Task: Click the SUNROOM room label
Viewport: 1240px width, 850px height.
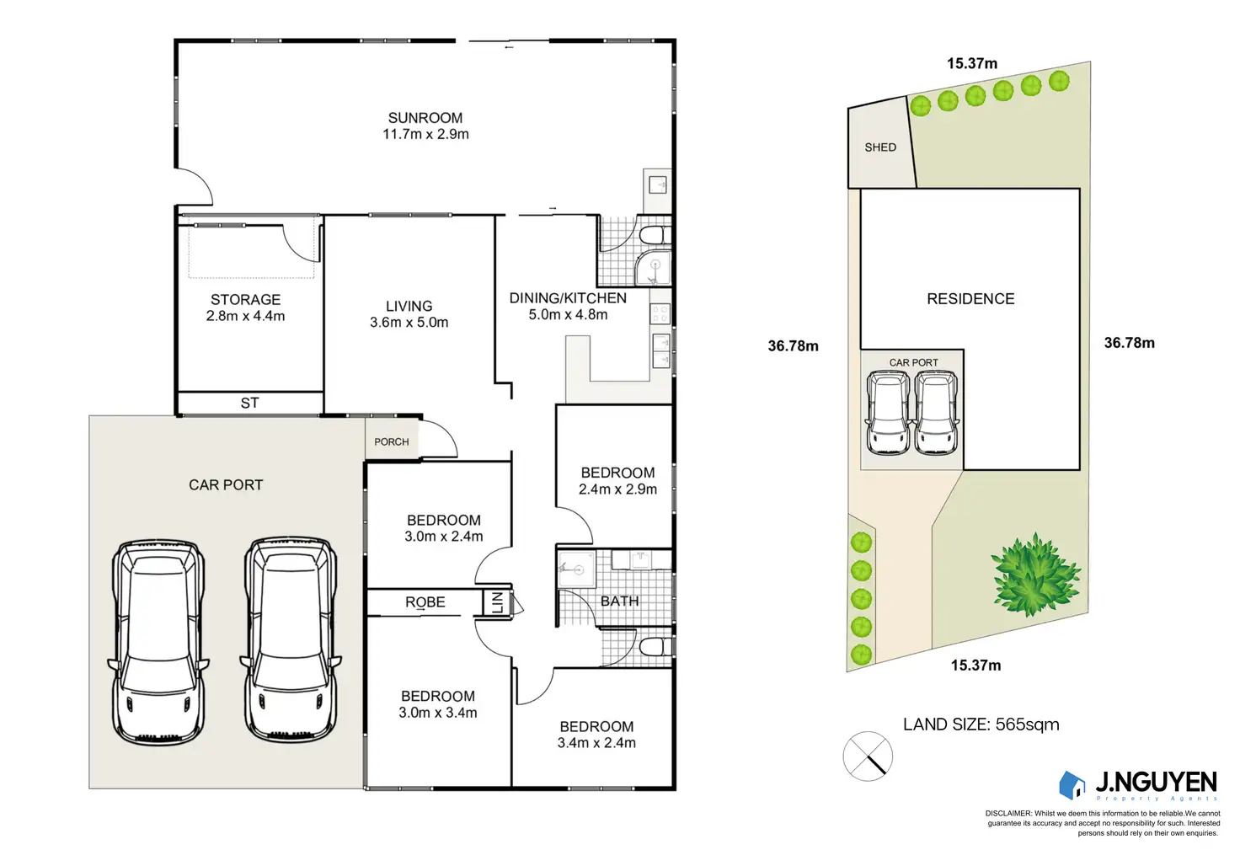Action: tap(425, 118)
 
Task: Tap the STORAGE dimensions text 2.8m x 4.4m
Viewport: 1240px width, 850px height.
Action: tap(245, 317)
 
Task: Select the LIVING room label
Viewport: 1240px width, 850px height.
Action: tap(409, 307)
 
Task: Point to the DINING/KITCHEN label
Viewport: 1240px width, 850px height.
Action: tap(568, 298)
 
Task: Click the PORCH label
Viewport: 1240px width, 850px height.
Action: tap(392, 442)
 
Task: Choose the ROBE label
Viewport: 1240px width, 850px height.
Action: tap(425, 602)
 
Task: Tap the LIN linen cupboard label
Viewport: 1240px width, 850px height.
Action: tap(497, 602)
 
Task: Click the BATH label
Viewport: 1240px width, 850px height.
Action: tap(619, 601)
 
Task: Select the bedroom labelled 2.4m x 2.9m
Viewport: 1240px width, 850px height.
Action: tap(617, 480)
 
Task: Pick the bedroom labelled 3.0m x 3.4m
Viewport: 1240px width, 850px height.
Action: tap(438, 704)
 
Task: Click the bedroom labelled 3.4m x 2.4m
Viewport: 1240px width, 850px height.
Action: tap(596, 735)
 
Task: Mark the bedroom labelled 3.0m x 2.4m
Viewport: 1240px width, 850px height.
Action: tap(444, 528)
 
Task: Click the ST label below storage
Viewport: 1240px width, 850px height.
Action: tap(249, 404)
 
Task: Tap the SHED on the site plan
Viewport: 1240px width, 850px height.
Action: tap(880, 147)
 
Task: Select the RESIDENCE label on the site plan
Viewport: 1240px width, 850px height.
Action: tap(970, 299)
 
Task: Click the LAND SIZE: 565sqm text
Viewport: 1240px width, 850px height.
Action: tap(981, 724)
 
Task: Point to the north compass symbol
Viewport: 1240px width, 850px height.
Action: tap(868, 756)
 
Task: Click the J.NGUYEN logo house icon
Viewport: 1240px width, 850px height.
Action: tap(1072, 785)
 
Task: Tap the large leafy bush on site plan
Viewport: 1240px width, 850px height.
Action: tap(1034, 575)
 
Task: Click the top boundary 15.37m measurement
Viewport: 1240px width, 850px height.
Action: tap(971, 64)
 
